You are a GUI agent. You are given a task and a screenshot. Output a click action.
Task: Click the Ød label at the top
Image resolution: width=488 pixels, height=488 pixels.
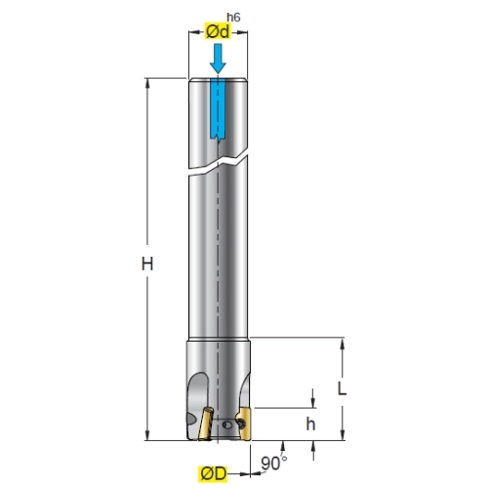tap(218, 31)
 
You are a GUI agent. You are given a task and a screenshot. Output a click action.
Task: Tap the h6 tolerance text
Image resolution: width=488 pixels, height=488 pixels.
tap(233, 18)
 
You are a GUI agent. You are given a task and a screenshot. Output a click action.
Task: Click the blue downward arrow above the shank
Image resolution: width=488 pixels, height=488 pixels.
tap(218, 59)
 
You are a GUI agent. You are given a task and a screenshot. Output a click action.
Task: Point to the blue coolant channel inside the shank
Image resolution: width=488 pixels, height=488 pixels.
tap(218, 109)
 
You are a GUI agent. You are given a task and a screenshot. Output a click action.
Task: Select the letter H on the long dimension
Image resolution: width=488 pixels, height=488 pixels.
tap(147, 264)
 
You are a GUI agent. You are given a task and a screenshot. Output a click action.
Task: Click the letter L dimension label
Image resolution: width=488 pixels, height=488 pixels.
tap(342, 388)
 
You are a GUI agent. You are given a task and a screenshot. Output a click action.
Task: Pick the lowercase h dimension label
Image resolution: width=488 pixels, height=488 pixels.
tap(310, 424)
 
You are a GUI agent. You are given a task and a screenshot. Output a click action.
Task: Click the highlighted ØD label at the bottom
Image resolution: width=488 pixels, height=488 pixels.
tap(213, 473)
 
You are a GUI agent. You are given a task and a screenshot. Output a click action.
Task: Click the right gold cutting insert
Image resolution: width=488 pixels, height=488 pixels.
tap(244, 424)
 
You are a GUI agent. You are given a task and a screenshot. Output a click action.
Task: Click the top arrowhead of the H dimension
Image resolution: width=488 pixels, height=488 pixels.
tap(147, 83)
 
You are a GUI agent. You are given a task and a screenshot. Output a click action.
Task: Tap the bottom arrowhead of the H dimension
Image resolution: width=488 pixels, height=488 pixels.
tap(147, 435)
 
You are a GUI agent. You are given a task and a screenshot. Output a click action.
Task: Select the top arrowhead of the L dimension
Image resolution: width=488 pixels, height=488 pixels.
tap(342, 343)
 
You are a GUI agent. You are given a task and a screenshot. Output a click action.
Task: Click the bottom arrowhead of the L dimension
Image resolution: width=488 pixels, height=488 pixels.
tap(342, 435)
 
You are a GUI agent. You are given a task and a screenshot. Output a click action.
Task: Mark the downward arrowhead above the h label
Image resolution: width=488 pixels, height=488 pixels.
tap(313, 403)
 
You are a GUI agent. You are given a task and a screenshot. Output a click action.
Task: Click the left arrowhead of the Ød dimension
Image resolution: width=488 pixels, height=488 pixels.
tap(194, 32)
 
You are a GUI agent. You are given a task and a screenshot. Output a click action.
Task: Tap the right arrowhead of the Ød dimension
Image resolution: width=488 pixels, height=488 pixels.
tap(242, 32)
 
